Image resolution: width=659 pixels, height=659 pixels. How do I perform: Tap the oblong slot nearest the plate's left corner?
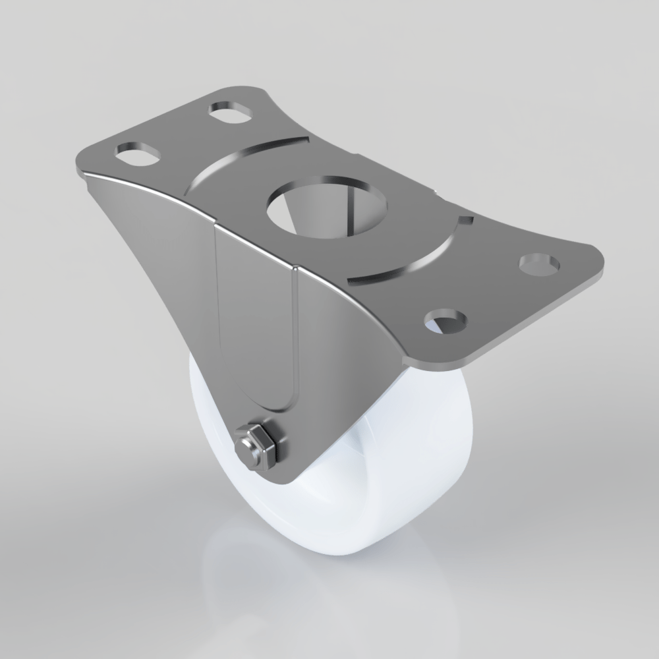point(138,154)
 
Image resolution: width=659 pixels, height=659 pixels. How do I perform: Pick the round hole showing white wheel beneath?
point(446,323)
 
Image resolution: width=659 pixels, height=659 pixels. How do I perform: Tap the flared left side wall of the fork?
point(152,264)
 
